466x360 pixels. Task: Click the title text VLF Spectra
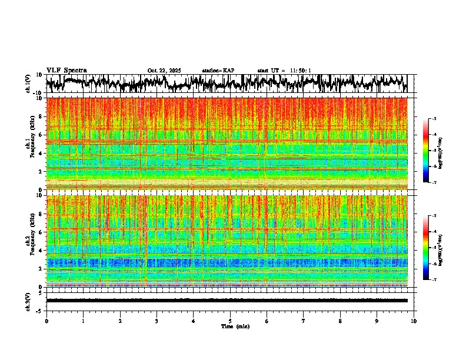click(66, 70)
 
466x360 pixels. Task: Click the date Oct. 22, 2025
click(164, 71)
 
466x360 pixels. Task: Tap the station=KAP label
click(218, 71)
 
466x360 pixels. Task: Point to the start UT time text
click(284, 71)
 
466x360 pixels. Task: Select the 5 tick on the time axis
click(230, 321)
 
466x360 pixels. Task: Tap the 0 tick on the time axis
click(46, 321)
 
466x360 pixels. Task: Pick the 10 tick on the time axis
click(414, 321)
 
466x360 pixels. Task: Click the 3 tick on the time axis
click(157, 321)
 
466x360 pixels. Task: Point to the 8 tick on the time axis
click(340, 321)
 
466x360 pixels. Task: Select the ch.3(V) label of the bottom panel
click(28, 300)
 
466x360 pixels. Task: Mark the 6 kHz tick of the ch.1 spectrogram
click(41, 135)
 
